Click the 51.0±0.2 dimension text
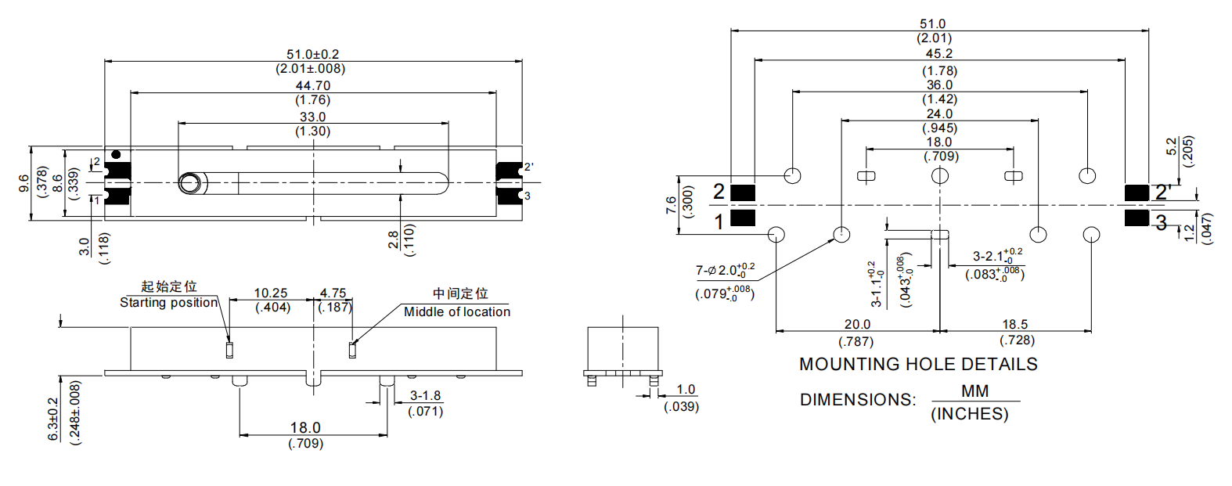point(312,55)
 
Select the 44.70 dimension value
point(312,86)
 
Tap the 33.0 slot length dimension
point(312,117)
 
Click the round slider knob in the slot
point(189,183)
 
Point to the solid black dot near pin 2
point(116,155)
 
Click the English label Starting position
point(168,303)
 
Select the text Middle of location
point(456,311)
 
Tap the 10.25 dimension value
point(271,293)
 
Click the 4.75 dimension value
point(333,293)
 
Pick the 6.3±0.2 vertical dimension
point(54,419)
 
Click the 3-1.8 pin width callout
point(426,396)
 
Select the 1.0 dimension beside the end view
point(686,390)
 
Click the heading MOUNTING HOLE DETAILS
point(918,365)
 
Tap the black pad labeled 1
point(743,218)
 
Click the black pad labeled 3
point(1137,218)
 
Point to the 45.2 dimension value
point(939,54)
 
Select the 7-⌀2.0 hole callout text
point(725,270)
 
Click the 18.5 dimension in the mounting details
point(1015,324)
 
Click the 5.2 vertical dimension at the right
point(1172,146)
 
